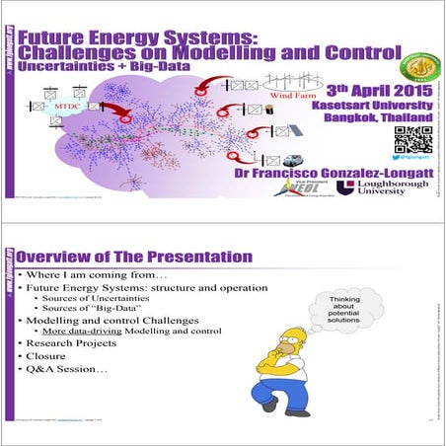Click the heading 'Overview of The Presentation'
point(134,256)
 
